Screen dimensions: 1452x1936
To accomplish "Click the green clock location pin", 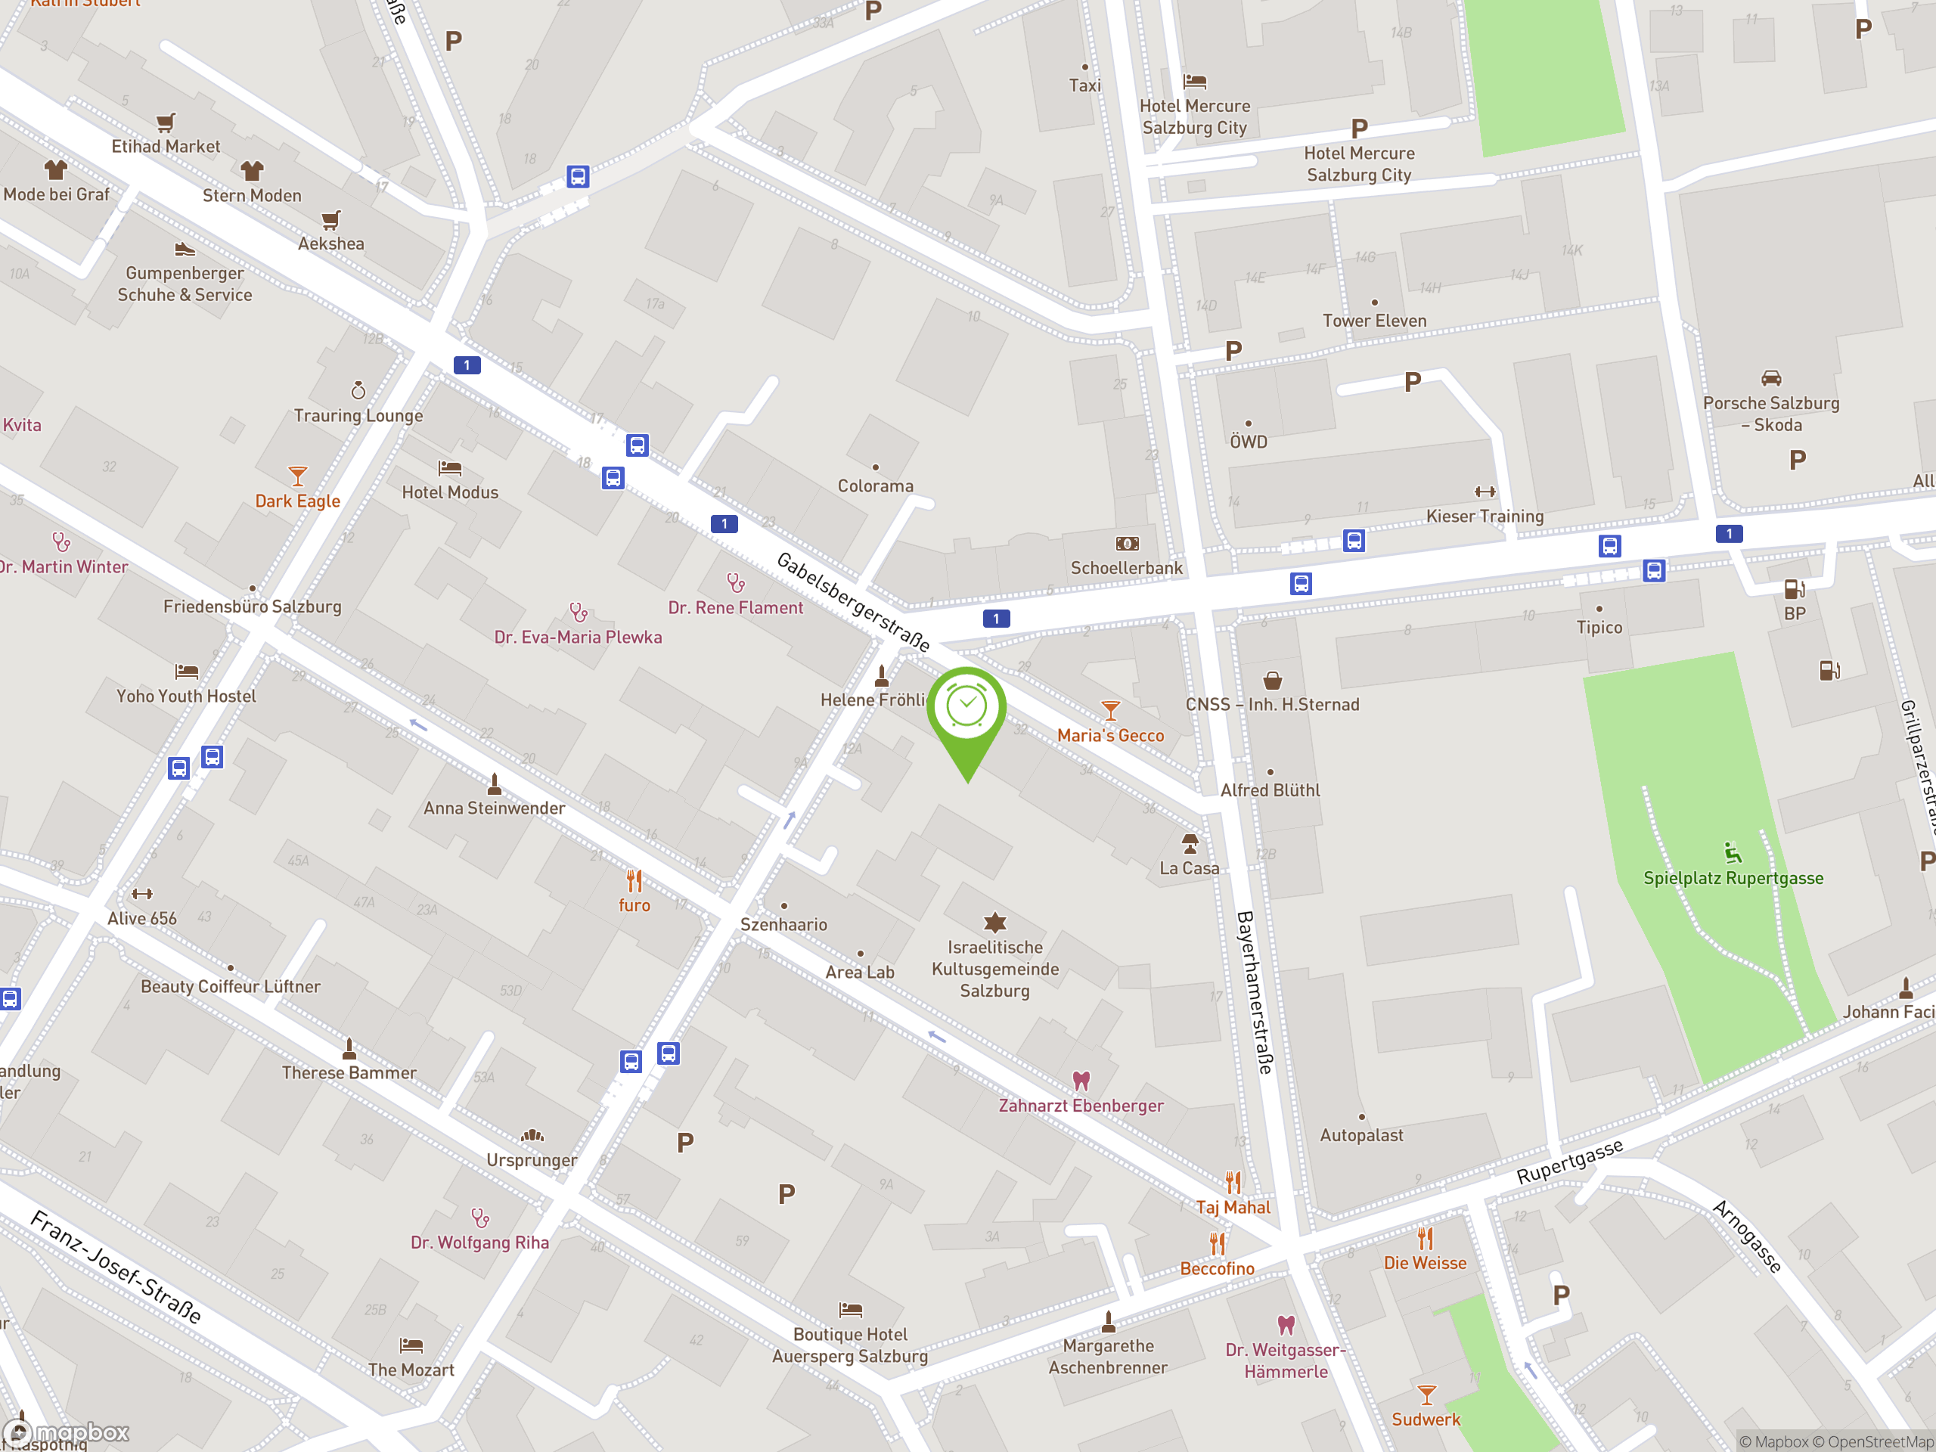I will pos(966,709).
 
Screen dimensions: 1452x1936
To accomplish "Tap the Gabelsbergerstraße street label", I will pos(852,601).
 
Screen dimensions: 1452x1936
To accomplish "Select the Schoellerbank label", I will pos(1126,568).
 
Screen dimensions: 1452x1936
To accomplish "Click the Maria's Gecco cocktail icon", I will pos(1109,710).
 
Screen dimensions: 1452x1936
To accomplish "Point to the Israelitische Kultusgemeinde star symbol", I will pos(995,923).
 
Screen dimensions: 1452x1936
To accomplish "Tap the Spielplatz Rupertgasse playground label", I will pos(1733,878).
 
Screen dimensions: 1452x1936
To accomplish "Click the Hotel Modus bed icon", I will pos(450,468).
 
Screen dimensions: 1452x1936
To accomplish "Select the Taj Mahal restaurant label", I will pos(1233,1207).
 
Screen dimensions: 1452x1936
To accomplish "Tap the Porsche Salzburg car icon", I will pos(1770,378).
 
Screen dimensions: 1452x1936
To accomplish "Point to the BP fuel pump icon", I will pos(1795,589).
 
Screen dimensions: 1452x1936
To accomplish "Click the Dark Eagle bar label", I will pos(297,501).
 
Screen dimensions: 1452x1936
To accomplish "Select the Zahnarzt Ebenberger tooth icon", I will pos(1081,1081).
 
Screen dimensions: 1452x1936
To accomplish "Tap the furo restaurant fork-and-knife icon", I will pos(634,880).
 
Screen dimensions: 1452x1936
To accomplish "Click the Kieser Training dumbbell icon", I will pos(1485,492).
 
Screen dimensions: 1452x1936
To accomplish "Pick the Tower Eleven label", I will pos(1374,321).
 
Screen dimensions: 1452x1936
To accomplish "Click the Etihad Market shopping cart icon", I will pos(166,123).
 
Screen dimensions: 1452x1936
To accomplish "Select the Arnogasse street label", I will pos(1747,1236).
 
